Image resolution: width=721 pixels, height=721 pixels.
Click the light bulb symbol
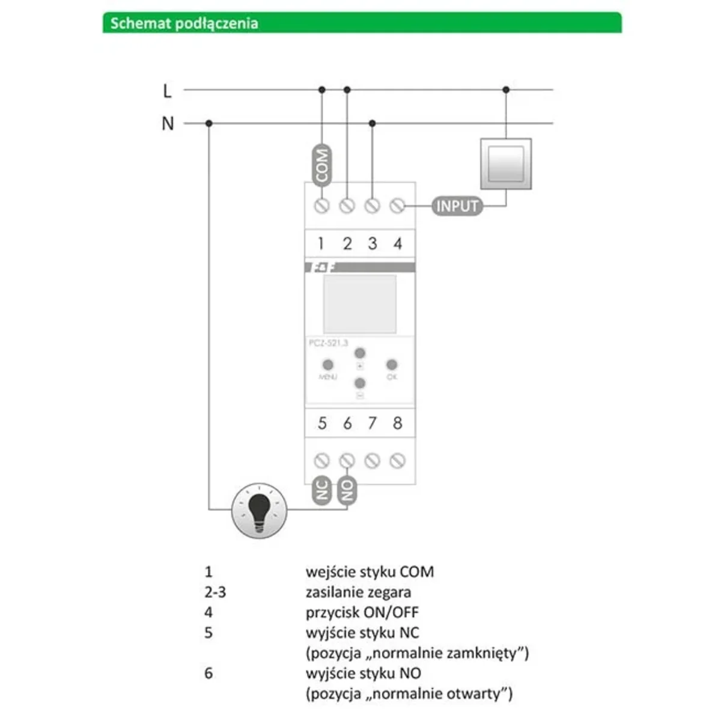[x=260, y=511]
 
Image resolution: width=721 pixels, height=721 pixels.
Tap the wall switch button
[x=506, y=163]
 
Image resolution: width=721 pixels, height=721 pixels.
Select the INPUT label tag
[x=457, y=206]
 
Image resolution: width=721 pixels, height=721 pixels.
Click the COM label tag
[x=322, y=165]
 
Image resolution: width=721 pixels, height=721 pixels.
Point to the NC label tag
[x=322, y=490]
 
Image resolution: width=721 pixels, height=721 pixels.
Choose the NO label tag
[x=347, y=490]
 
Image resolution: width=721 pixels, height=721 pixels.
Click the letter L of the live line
[x=167, y=91]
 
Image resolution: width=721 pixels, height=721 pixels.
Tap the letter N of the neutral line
[x=168, y=124]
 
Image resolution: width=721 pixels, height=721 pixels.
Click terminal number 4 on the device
[x=397, y=243]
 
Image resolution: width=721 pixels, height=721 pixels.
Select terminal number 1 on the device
[x=321, y=243]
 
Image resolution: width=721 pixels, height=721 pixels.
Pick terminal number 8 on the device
[x=397, y=423]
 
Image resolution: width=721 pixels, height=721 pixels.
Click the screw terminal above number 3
[x=372, y=206]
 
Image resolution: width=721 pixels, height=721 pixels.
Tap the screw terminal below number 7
[x=372, y=461]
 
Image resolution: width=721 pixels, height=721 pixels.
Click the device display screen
[x=359, y=304]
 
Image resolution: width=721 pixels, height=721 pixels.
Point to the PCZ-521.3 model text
[x=328, y=343]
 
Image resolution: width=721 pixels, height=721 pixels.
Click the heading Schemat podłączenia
[x=184, y=23]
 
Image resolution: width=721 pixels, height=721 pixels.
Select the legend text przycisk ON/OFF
[x=362, y=612]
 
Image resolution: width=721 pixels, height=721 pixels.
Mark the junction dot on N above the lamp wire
[x=208, y=123]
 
